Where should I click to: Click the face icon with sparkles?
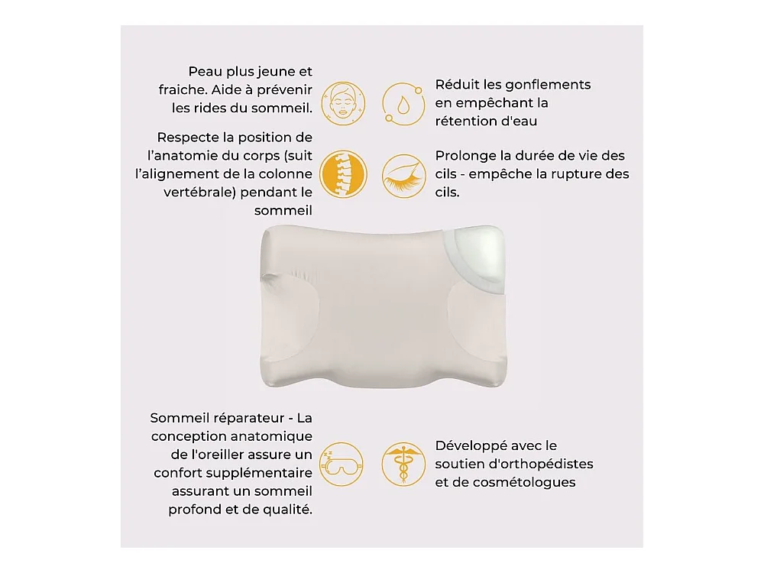coord(343,104)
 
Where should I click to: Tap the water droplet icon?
coord(403,104)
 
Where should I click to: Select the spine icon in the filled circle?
coord(343,174)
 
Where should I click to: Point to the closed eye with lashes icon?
coord(403,176)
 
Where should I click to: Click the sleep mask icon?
coord(342,464)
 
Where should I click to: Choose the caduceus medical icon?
coord(403,464)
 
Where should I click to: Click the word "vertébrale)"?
coord(199,193)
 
